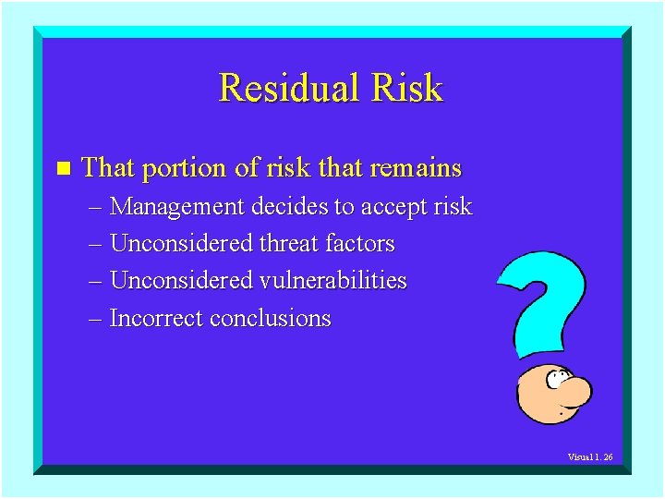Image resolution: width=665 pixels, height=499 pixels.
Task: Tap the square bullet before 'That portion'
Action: click(x=63, y=168)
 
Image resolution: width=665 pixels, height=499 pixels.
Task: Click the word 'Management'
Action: click(x=177, y=207)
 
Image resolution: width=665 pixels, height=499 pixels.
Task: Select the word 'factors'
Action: click(x=360, y=244)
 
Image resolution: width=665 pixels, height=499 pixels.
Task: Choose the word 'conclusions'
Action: click(x=270, y=319)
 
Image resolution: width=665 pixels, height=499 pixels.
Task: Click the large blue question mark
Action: click(x=545, y=296)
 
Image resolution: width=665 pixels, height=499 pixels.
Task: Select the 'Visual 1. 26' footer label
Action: click(x=590, y=457)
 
